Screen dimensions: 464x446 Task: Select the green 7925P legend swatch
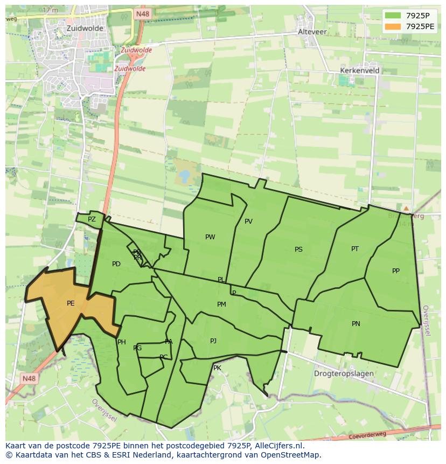(393, 16)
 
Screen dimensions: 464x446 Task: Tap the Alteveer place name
(312, 32)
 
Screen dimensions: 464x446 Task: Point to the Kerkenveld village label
(360, 71)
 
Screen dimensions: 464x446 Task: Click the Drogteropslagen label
(344, 373)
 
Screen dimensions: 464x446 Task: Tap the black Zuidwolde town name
(85, 28)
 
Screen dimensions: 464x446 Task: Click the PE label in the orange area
(71, 303)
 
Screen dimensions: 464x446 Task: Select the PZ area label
(92, 219)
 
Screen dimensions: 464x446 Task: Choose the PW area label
(210, 237)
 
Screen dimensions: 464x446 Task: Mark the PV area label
(248, 221)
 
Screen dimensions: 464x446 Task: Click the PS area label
(298, 250)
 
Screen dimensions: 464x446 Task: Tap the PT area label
(355, 249)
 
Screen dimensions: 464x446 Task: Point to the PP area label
(396, 271)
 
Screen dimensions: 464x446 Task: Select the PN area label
(356, 324)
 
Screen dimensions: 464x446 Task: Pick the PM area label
(221, 304)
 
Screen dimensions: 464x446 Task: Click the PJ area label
(213, 341)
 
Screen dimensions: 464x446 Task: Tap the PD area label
(116, 264)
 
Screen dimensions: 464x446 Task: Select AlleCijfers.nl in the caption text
(278, 446)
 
